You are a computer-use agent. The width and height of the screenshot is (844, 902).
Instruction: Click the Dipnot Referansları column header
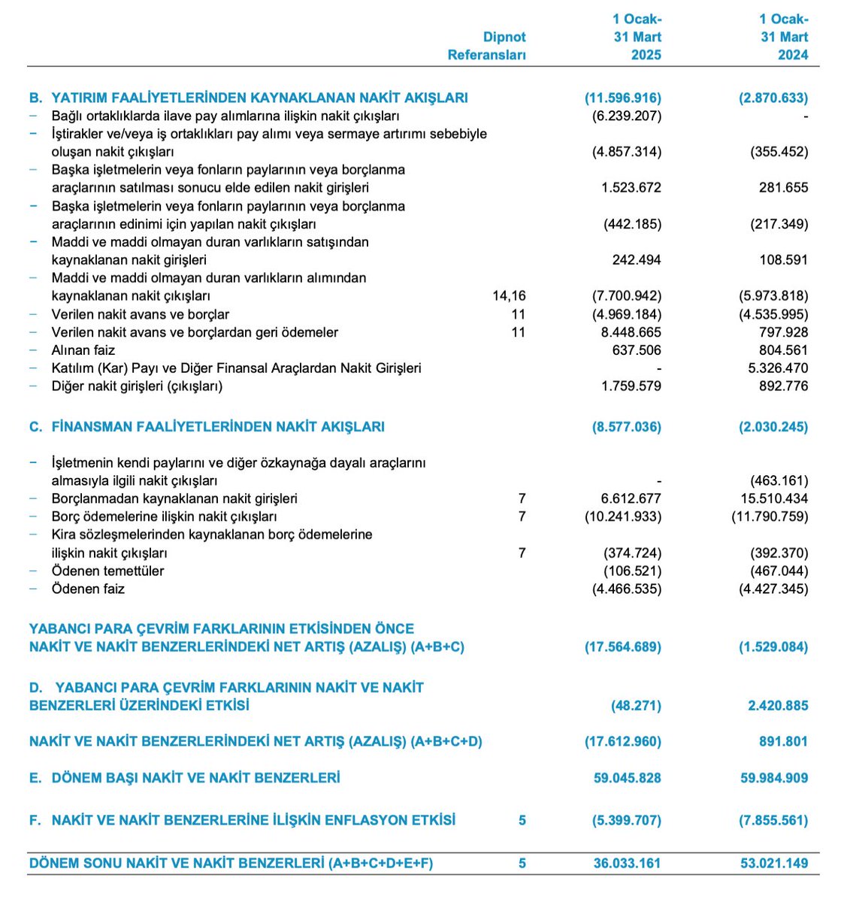tap(486, 46)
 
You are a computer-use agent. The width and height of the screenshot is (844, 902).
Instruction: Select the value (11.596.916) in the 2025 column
tap(622, 98)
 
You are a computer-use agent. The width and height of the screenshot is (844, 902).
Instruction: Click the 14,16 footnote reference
tap(509, 296)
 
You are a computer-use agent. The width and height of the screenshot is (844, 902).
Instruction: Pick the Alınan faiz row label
tap(83, 350)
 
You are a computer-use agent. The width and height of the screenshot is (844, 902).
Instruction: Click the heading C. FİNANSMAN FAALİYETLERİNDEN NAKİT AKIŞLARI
tap(207, 427)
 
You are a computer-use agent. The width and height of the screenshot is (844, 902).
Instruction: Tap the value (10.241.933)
tap(622, 516)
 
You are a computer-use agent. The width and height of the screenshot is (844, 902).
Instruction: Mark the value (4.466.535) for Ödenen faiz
tap(627, 589)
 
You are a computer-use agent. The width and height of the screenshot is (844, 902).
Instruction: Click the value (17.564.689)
tap(622, 647)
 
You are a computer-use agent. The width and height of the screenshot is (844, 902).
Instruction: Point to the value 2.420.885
tap(773, 706)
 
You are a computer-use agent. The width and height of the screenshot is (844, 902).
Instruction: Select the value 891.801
tap(783, 742)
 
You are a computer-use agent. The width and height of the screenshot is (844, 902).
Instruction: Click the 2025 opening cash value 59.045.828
tap(627, 778)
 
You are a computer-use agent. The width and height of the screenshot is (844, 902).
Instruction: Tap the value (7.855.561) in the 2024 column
tap(773, 821)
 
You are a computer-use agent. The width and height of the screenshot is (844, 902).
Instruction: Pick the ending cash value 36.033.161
tap(627, 864)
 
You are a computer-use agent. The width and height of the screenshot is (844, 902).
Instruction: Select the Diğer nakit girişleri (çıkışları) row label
tap(137, 386)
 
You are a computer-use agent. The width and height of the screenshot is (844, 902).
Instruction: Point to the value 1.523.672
tap(631, 188)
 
